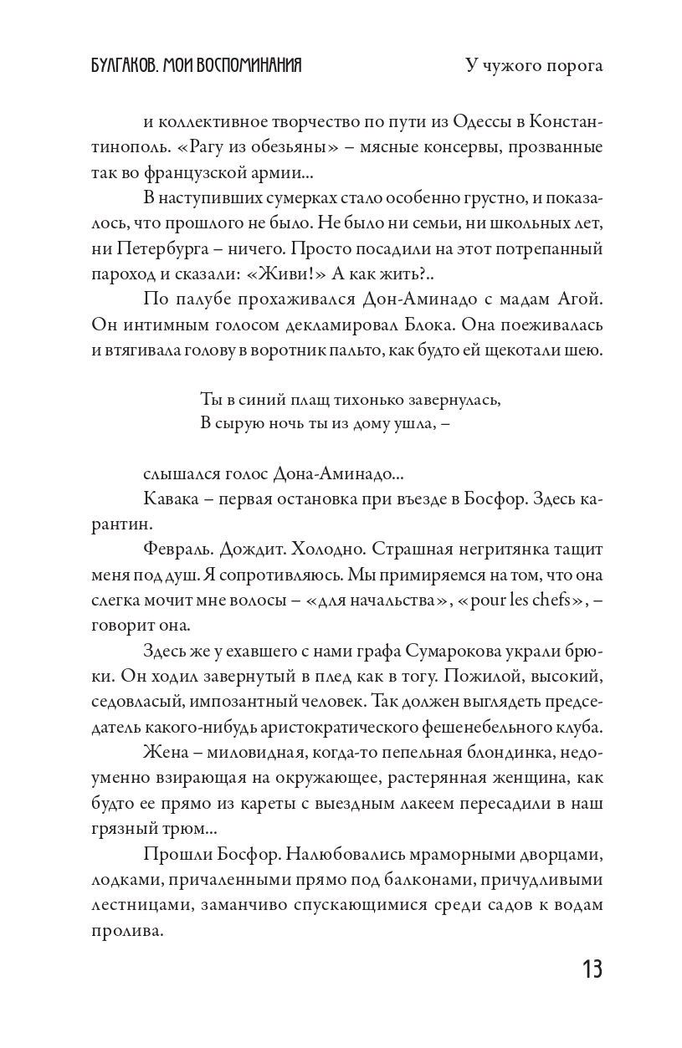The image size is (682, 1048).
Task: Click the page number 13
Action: [x=591, y=969]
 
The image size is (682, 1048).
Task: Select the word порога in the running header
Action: [x=571, y=67]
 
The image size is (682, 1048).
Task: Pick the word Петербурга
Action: [x=136, y=248]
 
